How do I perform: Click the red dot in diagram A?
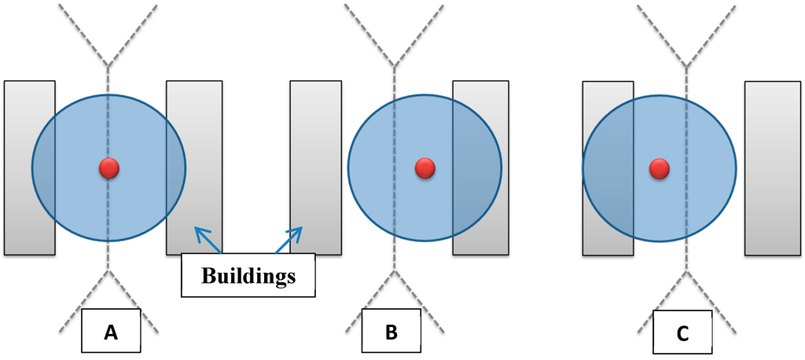[108, 167]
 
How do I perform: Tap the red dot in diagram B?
[425, 167]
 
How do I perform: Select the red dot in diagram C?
[659, 167]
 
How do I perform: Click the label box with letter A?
[111, 332]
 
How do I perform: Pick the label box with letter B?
[391, 332]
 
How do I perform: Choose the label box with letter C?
[682, 333]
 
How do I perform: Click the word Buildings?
[248, 276]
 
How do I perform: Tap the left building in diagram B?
[315, 167]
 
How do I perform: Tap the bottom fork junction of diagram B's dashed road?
[392, 272]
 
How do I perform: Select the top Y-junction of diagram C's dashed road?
[686, 66]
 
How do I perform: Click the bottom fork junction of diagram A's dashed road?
[108, 272]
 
